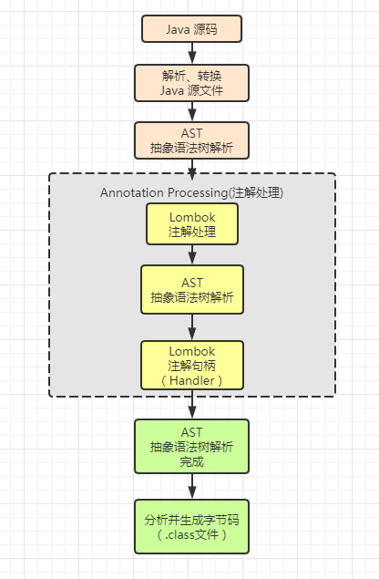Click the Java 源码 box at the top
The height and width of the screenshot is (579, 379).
pyautogui.click(x=192, y=29)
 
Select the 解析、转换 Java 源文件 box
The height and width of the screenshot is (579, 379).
pyautogui.click(x=192, y=82)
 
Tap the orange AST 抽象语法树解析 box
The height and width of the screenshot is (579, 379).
pyautogui.click(x=192, y=140)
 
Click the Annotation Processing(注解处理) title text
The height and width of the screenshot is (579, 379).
pyautogui.click(x=192, y=192)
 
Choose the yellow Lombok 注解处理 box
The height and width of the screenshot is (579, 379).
pyautogui.click(x=192, y=224)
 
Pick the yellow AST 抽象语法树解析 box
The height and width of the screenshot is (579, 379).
pyautogui.click(x=192, y=289)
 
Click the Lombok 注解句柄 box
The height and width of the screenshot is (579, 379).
pyautogui.click(x=192, y=365)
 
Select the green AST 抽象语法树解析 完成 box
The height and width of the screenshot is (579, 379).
pyautogui.click(x=192, y=446)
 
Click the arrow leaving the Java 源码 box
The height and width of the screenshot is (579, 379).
pyautogui.click(x=192, y=53)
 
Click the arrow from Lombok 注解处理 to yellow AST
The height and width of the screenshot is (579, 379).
pyautogui.click(x=192, y=255)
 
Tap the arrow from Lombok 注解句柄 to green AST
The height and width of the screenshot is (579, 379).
pyautogui.click(x=192, y=404)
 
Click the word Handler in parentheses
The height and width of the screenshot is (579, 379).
pyautogui.click(x=192, y=379)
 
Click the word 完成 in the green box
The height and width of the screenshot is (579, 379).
pyautogui.click(x=192, y=461)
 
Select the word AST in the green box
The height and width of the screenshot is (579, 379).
pyautogui.click(x=192, y=430)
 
